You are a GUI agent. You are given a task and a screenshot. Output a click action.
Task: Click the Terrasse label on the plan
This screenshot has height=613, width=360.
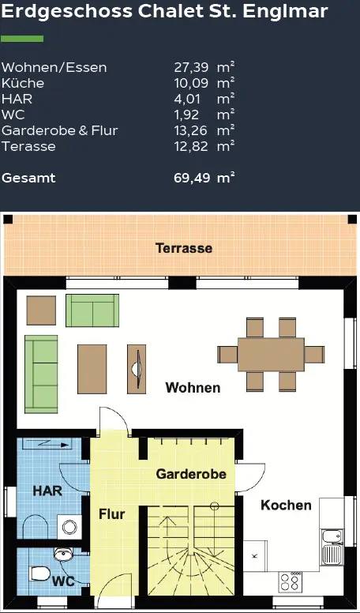(x=183, y=248)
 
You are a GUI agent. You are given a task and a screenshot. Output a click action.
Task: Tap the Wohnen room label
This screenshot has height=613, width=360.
(x=193, y=388)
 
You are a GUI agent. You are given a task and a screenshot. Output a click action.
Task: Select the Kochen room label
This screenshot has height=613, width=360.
(x=286, y=506)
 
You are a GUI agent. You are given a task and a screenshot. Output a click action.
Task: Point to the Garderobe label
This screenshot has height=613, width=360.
(x=191, y=475)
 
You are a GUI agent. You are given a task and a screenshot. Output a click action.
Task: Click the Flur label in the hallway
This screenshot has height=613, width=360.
(x=111, y=514)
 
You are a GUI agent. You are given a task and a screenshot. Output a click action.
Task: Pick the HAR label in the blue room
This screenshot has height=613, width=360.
(x=47, y=491)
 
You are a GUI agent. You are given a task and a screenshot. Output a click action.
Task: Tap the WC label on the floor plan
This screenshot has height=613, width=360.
(x=63, y=581)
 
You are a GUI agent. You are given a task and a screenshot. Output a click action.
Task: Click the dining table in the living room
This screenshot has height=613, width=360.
(x=271, y=354)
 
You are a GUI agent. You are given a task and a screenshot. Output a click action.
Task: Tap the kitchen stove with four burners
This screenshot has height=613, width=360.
(x=290, y=583)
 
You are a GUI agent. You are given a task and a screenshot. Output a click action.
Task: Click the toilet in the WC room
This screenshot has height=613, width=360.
(x=39, y=571)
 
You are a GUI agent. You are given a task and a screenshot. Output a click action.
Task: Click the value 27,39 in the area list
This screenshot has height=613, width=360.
(x=189, y=68)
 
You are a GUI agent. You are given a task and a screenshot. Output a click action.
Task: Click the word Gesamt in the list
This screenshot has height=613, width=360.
(x=28, y=178)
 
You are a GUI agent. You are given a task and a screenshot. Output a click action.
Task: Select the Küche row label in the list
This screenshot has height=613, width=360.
(x=23, y=84)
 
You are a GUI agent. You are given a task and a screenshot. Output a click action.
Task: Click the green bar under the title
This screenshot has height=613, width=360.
(x=22, y=39)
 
